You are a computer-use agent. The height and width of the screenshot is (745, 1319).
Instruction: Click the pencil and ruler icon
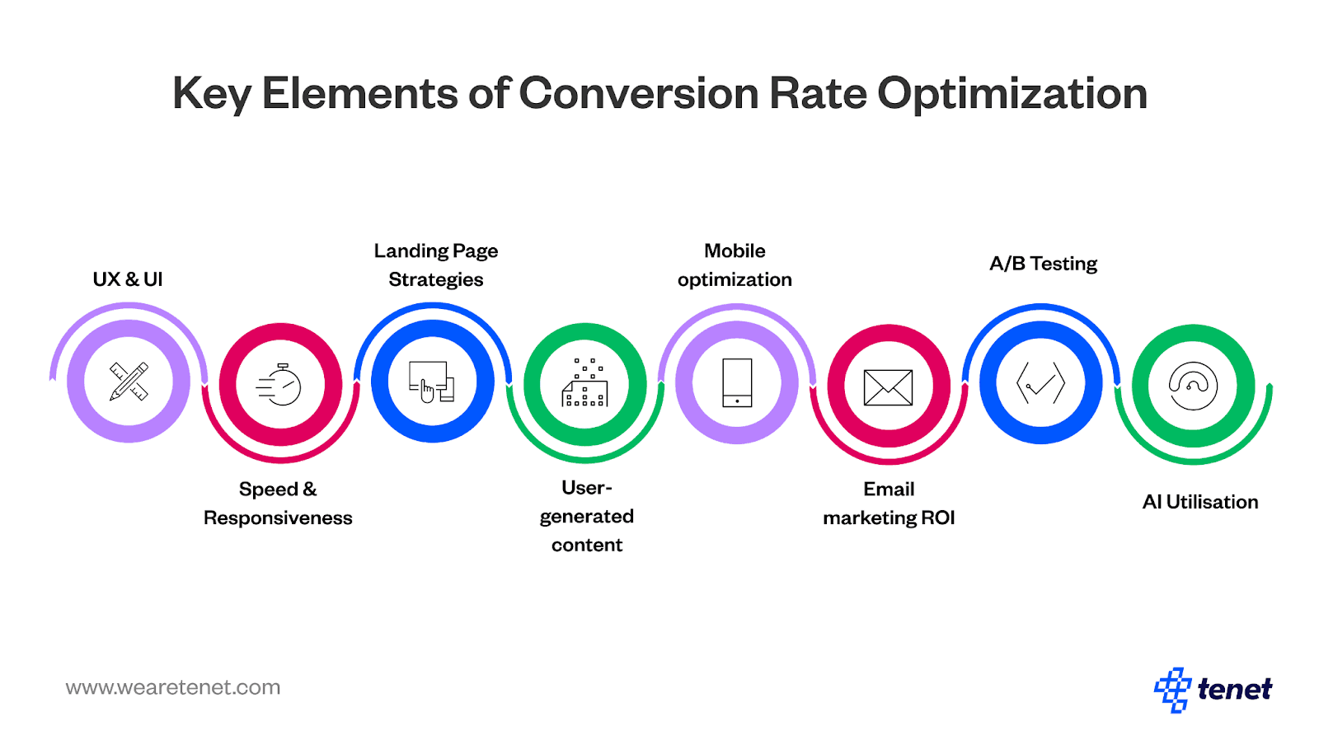click(129, 382)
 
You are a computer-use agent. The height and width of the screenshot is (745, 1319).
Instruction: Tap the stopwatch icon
click(280, 385)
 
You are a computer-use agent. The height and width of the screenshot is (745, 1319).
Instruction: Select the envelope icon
click(888, 387)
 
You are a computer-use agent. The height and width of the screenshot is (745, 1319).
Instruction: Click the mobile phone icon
click(736, 382)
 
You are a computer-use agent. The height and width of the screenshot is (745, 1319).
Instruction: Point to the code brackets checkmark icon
click(1040, 382)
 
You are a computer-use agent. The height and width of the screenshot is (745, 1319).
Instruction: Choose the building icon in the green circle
click(584, 383)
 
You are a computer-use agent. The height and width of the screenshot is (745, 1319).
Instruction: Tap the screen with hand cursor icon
click(432, 382)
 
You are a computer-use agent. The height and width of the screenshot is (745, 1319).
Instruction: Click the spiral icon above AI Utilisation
click(1193, 386)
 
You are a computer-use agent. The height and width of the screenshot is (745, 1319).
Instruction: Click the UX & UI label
click(128, 279)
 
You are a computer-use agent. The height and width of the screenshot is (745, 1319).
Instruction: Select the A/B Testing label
click(1043, 264)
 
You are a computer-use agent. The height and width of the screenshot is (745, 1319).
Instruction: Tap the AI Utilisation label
click(1199, 502)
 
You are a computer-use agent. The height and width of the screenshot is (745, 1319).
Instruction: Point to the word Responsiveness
click(278, 518)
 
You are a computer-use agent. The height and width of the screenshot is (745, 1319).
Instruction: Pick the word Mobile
click(735, 251)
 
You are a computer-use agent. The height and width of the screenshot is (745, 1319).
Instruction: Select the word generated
click(586, 517)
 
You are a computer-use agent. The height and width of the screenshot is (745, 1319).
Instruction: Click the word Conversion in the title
click(639, 93)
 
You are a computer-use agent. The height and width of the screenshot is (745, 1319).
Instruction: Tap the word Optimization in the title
click(1012, 93)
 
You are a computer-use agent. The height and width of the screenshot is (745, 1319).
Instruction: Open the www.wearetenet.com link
click(173, 687)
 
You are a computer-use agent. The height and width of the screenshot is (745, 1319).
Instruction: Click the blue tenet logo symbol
click(1172, 689)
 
